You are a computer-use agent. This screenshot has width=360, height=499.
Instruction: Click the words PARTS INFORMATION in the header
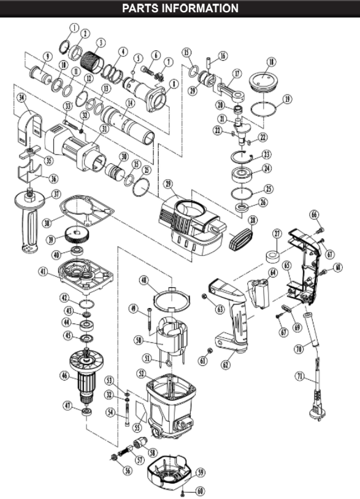click(180, 8)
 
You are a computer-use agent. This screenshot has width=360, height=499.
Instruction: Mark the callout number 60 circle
click(201, 491)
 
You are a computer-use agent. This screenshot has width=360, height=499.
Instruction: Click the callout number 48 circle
click(145, 280)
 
